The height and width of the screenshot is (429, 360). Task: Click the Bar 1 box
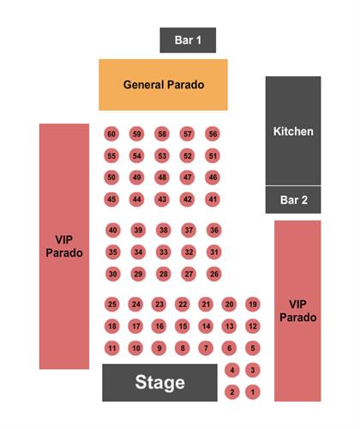188,40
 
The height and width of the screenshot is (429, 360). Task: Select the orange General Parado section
163,85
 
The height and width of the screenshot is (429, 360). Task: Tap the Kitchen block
293,130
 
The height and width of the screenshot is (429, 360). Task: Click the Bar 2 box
293,200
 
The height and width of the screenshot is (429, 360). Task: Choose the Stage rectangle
159,383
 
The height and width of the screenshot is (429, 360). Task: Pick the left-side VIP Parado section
64,246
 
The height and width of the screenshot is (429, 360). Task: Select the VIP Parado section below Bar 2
297,311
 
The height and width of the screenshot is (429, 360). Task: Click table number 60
111,134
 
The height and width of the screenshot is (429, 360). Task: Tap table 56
213,134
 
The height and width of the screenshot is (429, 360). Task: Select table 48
162,178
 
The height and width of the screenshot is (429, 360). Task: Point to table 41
213,199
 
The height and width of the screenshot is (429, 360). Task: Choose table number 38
164,230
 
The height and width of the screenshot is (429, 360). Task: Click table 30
113,274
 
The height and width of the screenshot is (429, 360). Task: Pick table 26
214,274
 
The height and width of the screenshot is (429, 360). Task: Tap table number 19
253,304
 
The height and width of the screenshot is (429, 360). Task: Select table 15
183,326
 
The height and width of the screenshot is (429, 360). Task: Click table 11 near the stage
112,348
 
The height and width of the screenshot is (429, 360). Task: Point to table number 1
253,392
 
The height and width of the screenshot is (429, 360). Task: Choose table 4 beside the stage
232,370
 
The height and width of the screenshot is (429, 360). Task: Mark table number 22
183,304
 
